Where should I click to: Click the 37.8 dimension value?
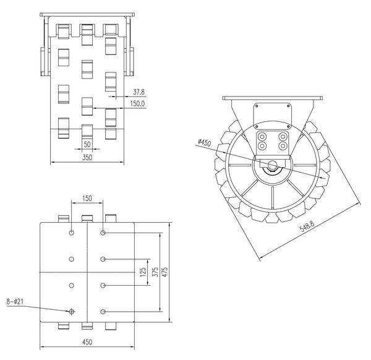pos(138,92)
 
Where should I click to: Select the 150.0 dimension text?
pos(137,104)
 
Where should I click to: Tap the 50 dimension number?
pos(87,144)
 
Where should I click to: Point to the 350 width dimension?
pos(87,158)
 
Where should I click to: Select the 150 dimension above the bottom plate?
pos(87,198)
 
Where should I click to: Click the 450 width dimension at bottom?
pos(87,341)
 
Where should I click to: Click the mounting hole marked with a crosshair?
pos(72,311)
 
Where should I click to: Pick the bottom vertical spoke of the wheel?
pos(273,199)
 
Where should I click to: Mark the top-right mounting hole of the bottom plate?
pos(103,233)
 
